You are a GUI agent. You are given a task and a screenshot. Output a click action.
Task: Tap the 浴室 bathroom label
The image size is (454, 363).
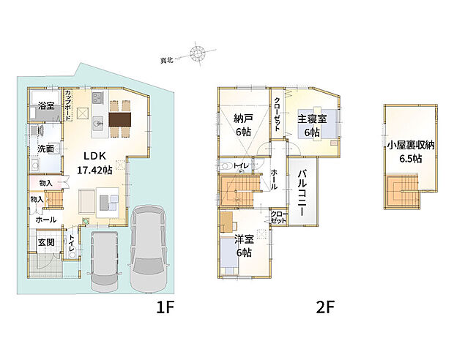click(x=46, y=106)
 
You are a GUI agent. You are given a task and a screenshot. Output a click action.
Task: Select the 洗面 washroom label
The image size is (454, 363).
click(x=46, y=149)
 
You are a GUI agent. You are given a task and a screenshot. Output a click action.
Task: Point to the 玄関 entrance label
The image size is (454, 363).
click(x=45, y=242)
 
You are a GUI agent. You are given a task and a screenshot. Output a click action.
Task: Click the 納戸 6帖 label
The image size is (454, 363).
click(x=243, y=125)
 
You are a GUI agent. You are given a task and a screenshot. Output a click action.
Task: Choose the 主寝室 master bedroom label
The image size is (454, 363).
click(x=313, y=126)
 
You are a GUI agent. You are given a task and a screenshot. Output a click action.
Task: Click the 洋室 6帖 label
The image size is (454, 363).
click(x=244, y=246)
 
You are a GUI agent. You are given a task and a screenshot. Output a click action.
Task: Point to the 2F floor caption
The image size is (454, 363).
click(x=326, y=307)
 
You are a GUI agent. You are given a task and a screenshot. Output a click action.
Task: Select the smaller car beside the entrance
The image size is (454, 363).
click(x=103, y=263)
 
